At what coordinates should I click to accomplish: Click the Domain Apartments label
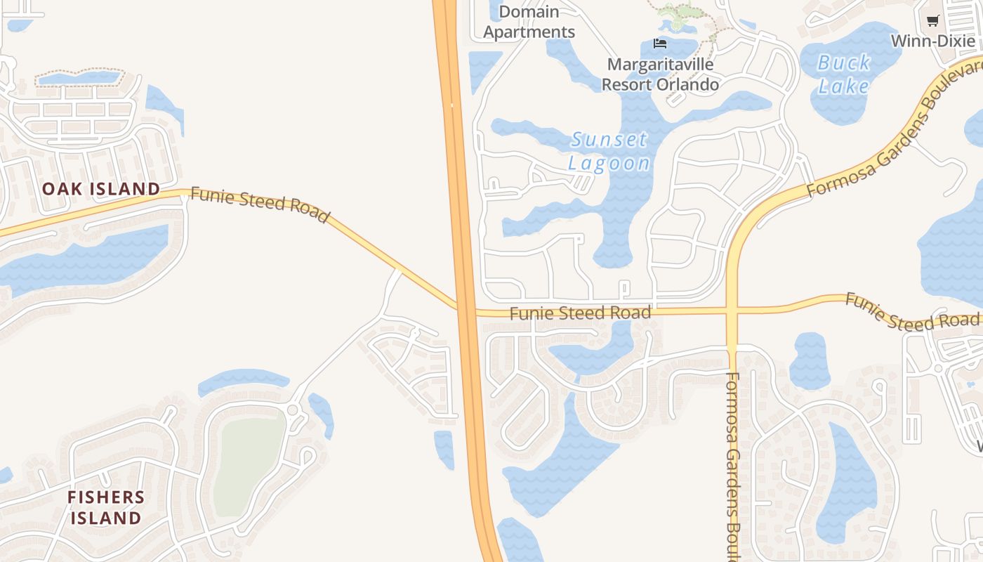pos(529,22)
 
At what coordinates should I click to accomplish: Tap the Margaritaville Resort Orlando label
pos(660,74)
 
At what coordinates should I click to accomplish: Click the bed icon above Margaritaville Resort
pos(659,44)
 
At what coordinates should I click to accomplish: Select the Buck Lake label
pos(843,74)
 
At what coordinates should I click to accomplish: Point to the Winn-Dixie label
pos(932,41)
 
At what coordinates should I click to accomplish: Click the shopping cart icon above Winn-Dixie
pos(932,20)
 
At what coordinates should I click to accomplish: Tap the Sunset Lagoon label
pos(609,151)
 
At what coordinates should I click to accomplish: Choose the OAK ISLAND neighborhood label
pos(101,188)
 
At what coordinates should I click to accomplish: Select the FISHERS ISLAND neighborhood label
pos(106,507)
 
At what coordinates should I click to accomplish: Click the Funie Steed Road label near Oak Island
pos(260,204)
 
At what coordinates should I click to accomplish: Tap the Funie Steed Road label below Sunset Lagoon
pos(580,313)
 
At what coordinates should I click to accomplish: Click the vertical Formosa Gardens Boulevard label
pos(732,464)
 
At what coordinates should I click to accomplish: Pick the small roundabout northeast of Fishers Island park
pos(293,410)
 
